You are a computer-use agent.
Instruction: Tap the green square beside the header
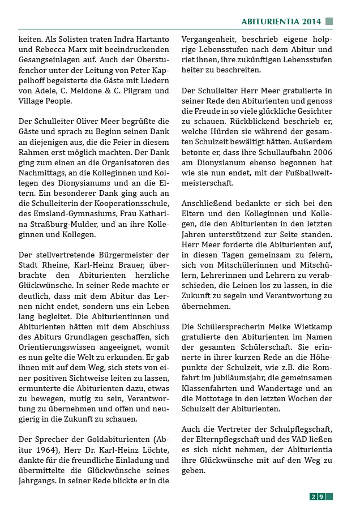tap(329, 22)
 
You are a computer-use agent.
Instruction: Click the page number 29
tap(317, 496)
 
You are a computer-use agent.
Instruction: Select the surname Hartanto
tap(152, 40)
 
